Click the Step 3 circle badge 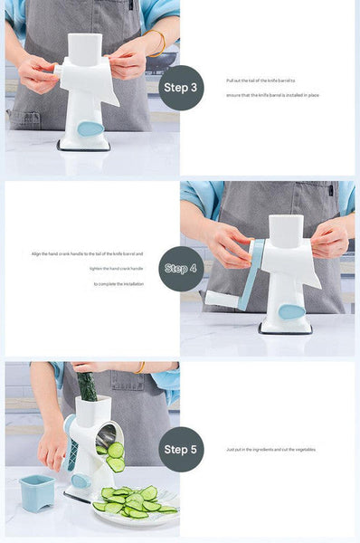click(x=181, y=87)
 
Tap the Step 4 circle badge click(x=181, y=269)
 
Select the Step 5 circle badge click(x=181, y=449)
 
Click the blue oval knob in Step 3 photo click(x=90, y=129)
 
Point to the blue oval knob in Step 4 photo click(x=290, y=311)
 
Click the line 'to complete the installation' click(x=118, y=283)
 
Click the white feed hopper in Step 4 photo click(x=286, y=232)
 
